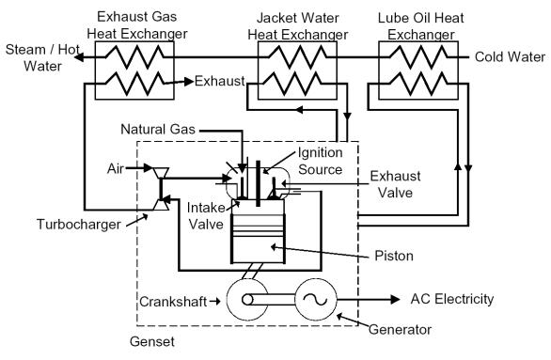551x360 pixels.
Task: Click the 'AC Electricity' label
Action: (x=452, y=298)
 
